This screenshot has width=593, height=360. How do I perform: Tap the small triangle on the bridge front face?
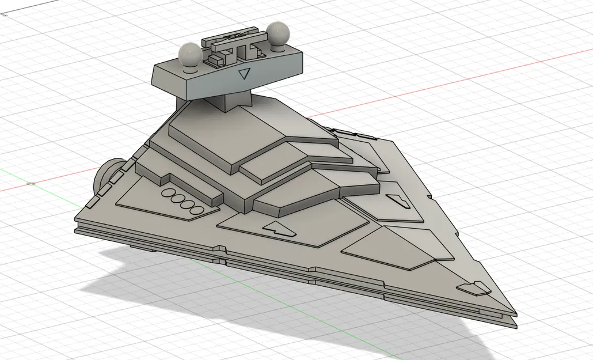[245, 73]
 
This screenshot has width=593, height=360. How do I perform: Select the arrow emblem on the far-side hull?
[396, 199]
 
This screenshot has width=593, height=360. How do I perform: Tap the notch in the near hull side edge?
[219, 249]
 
